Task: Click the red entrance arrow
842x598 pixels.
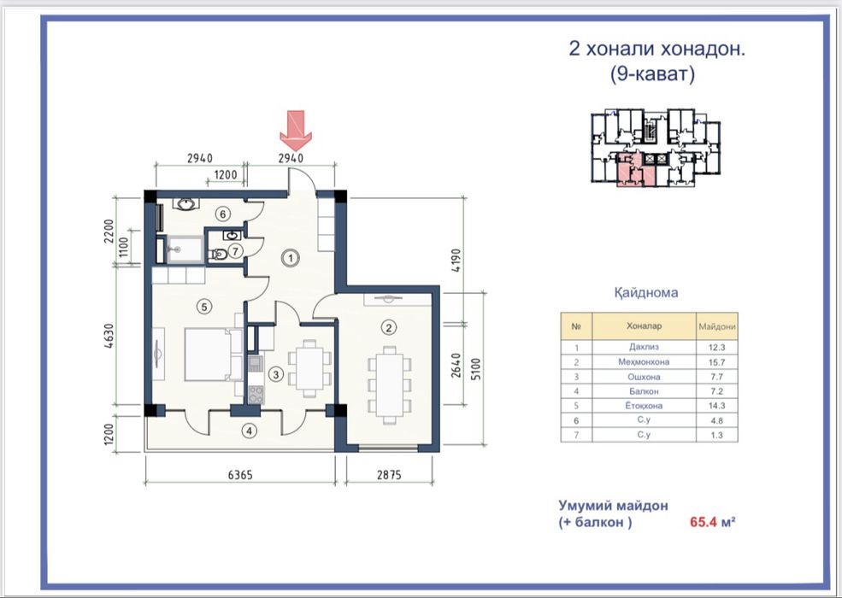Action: pos(296,131)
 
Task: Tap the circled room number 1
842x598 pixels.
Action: pos(291,258)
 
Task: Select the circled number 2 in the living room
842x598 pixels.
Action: pos(389,327)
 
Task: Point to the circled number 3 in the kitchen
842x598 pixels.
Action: pos(276,374)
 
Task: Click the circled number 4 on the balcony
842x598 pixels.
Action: pos(249,431)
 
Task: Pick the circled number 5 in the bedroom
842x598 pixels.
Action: pos(203,307)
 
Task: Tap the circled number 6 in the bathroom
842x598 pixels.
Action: pos(223,214)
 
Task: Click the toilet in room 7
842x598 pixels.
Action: pos(219,254)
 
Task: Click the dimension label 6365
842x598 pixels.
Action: pos(240,474)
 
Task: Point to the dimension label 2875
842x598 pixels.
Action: pos(389,474)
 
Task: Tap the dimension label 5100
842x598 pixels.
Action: pos(476,369)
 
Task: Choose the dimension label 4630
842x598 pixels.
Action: pos(109,336)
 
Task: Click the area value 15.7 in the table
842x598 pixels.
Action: pos(716,362)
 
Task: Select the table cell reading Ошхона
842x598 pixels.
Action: pos(644,377)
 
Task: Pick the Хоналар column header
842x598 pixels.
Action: pos(644,325)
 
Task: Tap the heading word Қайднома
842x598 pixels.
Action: pos(646,292)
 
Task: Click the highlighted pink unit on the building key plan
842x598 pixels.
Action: pos(635,170)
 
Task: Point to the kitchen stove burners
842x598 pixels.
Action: pos(256,395)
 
